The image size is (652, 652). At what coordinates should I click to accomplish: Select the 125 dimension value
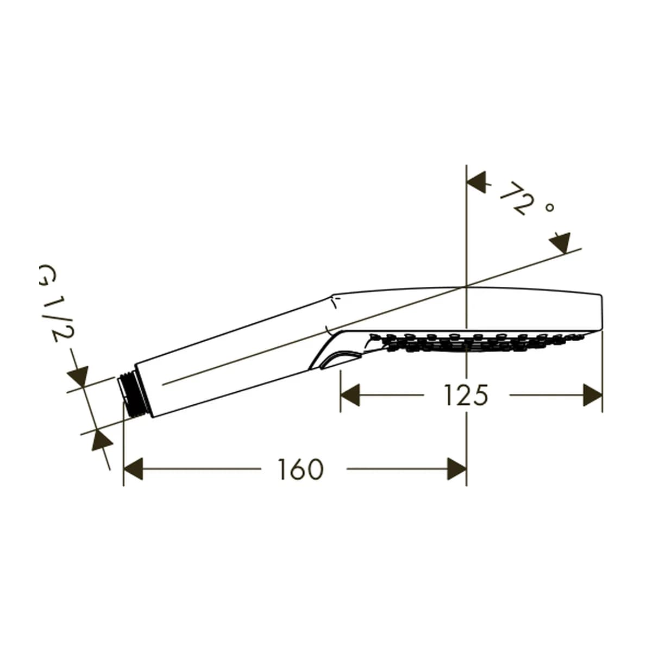[467, 395]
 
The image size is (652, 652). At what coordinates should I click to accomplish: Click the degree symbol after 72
[550, 207]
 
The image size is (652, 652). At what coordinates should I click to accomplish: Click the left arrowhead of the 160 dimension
[133, 468]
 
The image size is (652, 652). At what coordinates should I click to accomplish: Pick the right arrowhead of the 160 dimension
[457, 468]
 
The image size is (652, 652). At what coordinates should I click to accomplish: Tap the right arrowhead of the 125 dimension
[593, 395]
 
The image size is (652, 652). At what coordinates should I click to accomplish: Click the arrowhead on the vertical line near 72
[477, 183]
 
